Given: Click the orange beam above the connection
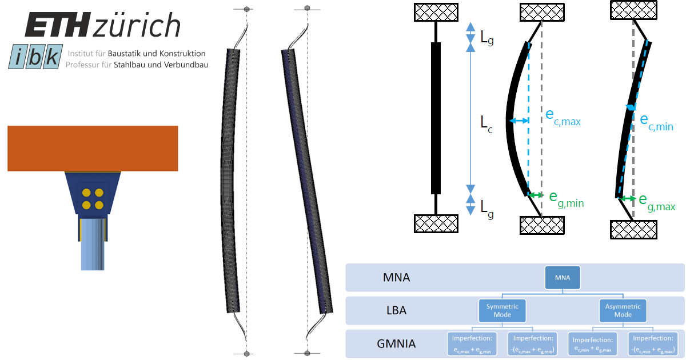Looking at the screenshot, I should pyautogui.click(x=93, y=148).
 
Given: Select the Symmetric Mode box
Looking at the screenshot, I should pyautogui.click(x=502, y=310).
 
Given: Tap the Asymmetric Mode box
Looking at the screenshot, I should pyautogui.click(x=623, y=310).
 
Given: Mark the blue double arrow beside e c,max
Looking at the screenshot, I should pyautogui.click(x=519, y=121).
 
